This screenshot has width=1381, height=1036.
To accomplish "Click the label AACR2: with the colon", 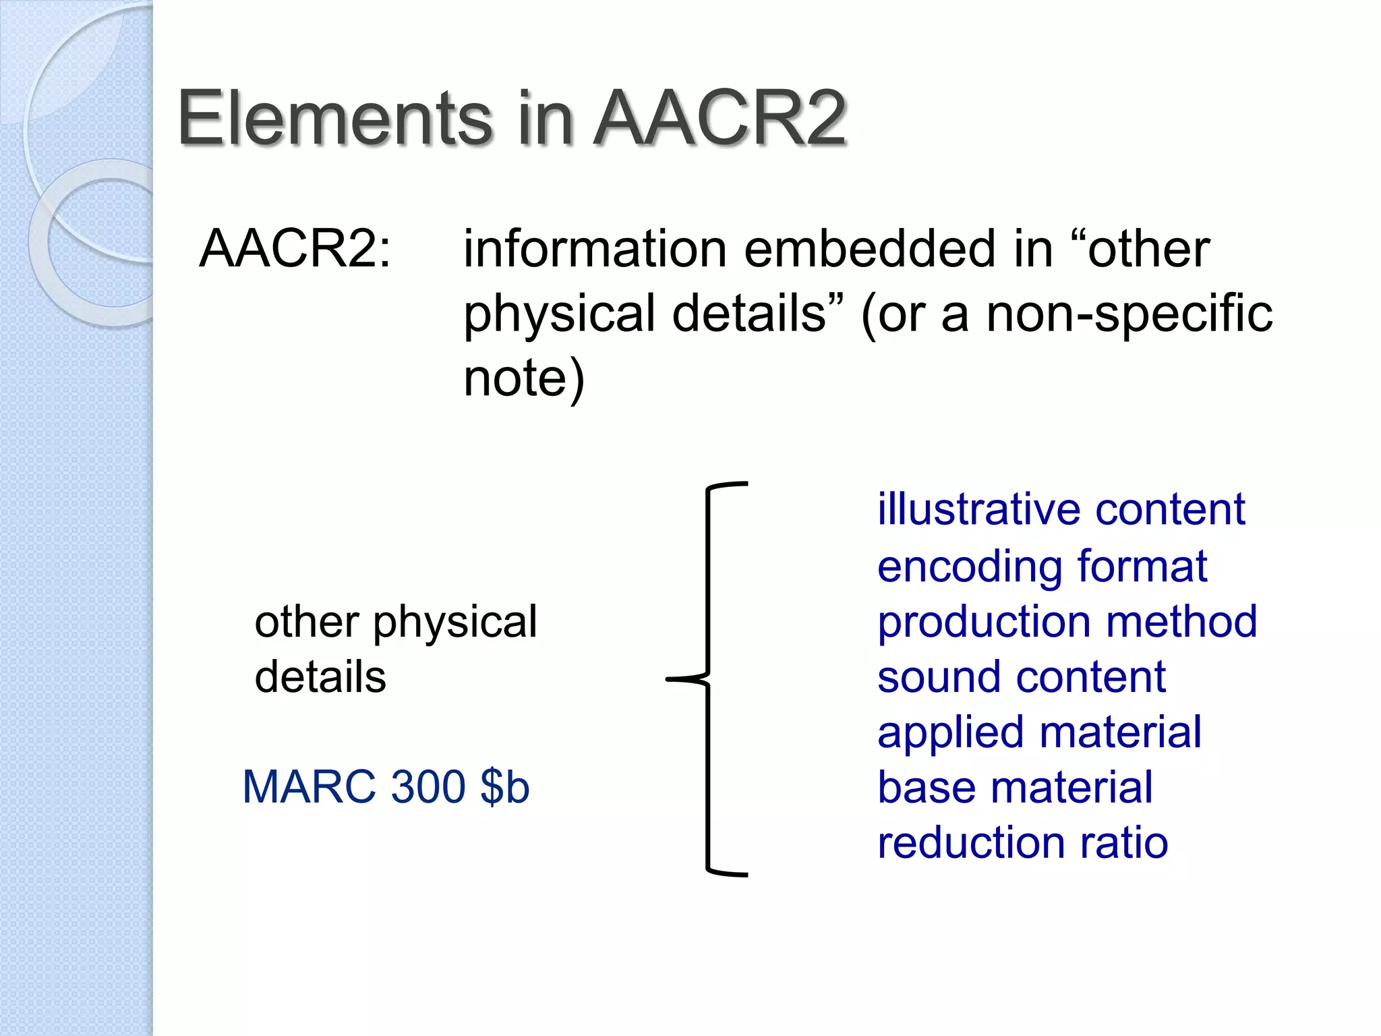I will (x=295, y=248).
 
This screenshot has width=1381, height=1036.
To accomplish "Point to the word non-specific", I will (x=1129, y=313).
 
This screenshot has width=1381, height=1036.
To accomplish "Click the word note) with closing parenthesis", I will (x=523, y=378).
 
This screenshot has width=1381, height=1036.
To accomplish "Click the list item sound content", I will (x=1021, y=677).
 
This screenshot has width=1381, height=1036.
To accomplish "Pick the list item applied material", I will (x=1038, y=732).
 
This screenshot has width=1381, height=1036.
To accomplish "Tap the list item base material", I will (x=1014, y=787).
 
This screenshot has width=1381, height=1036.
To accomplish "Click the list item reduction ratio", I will (x=1022, y=842).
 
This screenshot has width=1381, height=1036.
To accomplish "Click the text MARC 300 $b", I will (x=386, y=786).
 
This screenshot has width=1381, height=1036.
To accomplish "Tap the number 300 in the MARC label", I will (x=428, y=786).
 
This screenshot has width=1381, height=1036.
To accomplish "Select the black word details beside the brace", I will (x=320, y=677).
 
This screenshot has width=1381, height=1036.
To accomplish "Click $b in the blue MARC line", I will (x=504, y=786).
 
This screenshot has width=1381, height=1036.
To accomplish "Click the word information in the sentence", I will (x=595, y=248).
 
